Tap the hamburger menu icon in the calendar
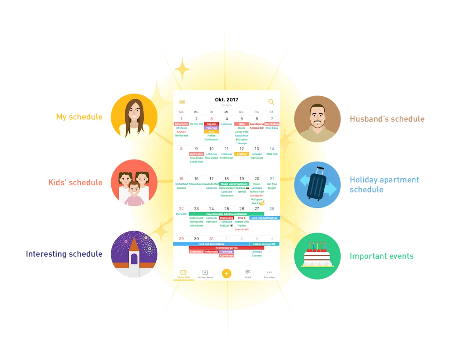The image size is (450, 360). click(182, 102)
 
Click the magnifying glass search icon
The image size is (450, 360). click(271, 102)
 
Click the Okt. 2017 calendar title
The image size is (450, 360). click(227, 100)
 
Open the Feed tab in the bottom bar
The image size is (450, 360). click(248, 274)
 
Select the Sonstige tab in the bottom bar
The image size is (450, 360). click(269, 274)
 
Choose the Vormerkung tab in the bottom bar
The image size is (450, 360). click(205, 274)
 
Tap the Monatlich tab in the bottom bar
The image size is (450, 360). click(183, 274)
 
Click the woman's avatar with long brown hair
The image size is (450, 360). click(134, 117)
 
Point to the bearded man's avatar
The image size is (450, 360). click(317, 119)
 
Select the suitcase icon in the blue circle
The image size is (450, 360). click(317, 185)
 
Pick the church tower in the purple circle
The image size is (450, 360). click(134, 254)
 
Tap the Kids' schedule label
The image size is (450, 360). click(75, 182)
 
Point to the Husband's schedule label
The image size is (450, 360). click(387, 119)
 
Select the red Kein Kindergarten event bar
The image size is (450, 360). click(227, 247)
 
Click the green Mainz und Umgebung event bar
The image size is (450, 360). click(234, 184)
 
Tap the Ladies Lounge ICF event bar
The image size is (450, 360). click(265, 244)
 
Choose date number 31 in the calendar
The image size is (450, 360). click(211, 239)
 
